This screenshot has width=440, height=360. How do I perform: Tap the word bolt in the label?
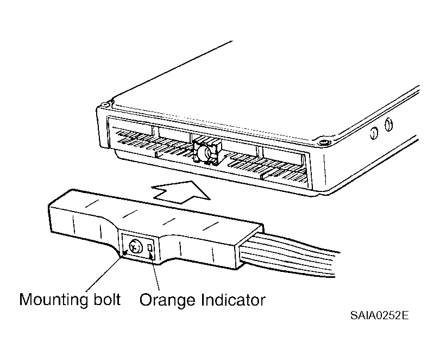107,299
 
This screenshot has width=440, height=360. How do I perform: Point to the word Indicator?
233,300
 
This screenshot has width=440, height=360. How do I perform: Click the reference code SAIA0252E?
379,315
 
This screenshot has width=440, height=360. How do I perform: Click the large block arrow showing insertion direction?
181,192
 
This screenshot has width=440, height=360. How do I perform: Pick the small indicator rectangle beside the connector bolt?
150,247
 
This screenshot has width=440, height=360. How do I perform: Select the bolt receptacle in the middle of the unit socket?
207,152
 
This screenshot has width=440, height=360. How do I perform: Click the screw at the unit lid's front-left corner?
105,105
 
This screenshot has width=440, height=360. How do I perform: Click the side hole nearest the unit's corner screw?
374,133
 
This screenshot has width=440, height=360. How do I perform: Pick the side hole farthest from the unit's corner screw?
388,125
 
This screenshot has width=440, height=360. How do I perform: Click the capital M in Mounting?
26,299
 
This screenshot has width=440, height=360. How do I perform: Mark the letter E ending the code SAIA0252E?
405,315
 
